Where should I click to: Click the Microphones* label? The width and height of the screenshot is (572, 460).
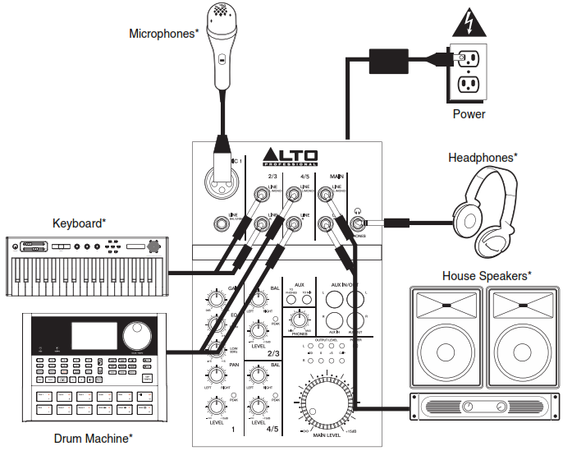[164, 34]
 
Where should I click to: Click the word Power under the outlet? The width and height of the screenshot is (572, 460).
[469, 114]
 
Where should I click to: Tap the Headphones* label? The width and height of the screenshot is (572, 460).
[483, 157]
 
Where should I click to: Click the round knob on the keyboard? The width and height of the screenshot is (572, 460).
[153, 246]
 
